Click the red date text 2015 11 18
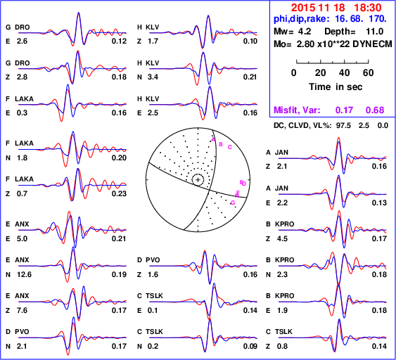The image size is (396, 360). [x=318, y=8]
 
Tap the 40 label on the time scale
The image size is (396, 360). [x=344, y=72]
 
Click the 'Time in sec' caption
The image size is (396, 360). [x=336, y=87]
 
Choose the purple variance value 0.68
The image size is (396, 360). [x=375, y=110]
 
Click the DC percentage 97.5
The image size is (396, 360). [x=343, y=125]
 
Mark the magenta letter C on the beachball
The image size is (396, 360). [x=230, y=147]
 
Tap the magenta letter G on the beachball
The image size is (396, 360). [x=233, y=202]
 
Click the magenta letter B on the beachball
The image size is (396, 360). [x=221, y=144]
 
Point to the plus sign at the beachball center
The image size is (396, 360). [x=198, y=180]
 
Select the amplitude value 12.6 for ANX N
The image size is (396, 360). [x=24, y=274]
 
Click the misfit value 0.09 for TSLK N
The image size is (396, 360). [x=250, y=346]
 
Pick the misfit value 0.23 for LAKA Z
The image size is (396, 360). [x=119, y=193]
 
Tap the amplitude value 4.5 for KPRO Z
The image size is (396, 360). [x=282, y=238]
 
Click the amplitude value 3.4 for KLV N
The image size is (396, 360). [x=153, y=77]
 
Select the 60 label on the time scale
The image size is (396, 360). [x=369, y=72]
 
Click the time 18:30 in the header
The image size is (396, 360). [x=368, y=8]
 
